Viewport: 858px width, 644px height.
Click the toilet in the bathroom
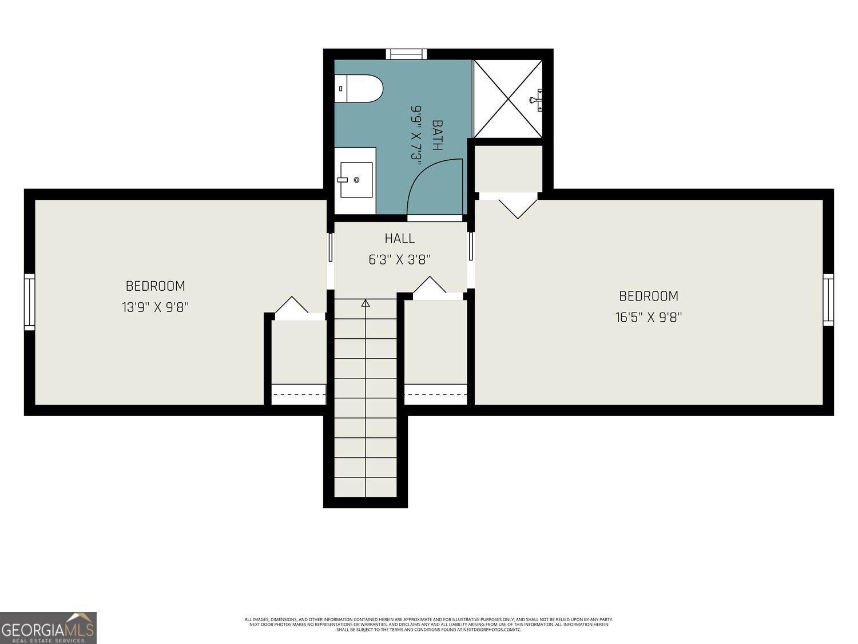coord(359,89)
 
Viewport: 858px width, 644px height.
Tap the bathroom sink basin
coord(356,180)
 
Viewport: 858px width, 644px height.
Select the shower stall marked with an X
coord(507,99)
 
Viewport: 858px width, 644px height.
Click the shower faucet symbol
coord(537,100)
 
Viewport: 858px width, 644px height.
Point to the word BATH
coord(437,135)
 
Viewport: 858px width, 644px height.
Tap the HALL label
coord(399,238)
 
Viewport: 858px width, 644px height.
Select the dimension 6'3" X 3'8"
coord(399,260)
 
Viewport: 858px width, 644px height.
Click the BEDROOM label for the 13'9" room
coord(155,286)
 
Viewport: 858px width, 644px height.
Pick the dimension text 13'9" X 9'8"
coord(155,307)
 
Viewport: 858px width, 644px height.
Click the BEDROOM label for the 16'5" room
coord(649,296)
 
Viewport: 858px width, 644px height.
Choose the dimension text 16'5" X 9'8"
coord(649,317)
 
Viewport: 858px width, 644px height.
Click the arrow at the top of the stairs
coord(366,303)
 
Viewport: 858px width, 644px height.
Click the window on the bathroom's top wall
coord(406,54)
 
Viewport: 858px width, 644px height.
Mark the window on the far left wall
coord(29,302)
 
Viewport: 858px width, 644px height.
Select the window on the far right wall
coord(828,300)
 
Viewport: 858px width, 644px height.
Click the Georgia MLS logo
coord(48,628)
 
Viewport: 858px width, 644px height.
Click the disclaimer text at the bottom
coord(428,624)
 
